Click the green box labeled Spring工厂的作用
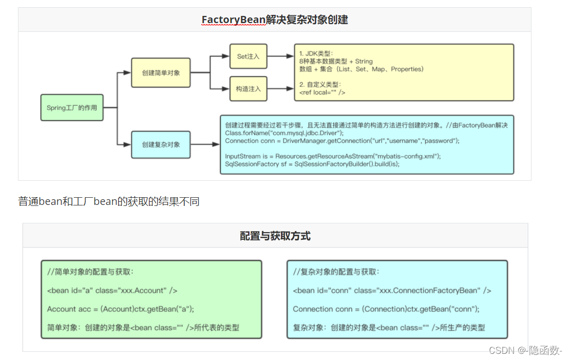[x=72, y=108]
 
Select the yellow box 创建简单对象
[x=161, y=73]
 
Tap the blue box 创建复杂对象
[x=161, y=145]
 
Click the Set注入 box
[x=248, y=56]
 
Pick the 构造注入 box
[x=248, y=89]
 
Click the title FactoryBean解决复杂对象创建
[x=275, y=20]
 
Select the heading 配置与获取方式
[x=275, y=236]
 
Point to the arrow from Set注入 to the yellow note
[x=280, y=56]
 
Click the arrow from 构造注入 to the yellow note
[x=280, y=89]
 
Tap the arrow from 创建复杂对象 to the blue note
[x=205, y=145]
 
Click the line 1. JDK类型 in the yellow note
[x=316, y=53]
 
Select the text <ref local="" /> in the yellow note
[x=322, y=92]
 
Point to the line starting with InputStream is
[x=333, y=156]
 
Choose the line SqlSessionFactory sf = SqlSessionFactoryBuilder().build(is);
[x=312, y=164]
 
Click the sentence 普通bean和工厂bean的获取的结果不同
[x=109, y=202]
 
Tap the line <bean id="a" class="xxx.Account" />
[x=112, y=291]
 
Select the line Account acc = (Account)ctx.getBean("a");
[x=121, y=309]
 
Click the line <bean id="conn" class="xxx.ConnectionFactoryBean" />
[x=392, y=291]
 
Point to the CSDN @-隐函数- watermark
[x=525, y=350]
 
